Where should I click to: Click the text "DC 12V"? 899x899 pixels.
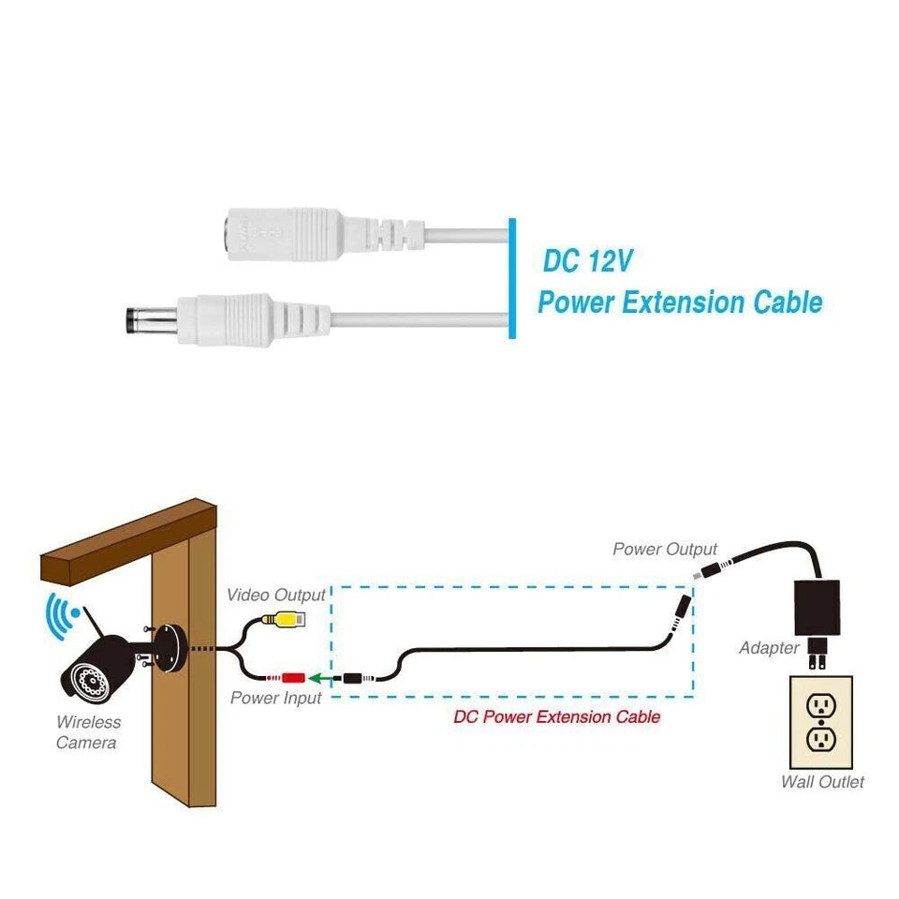point(589,261)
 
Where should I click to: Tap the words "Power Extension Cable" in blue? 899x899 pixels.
point(679,302)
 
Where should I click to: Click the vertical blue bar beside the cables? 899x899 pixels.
point(511,278)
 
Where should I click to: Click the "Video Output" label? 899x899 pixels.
point(276,595)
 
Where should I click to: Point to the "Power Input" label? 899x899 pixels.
point(276,699)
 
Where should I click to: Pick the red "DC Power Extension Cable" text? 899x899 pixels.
point(556,717)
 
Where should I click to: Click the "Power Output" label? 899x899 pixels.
point(665,550)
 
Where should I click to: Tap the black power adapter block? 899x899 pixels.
point(817,610)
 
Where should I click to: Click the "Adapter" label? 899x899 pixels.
point(769,648)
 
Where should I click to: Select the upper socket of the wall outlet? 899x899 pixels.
point(821,704)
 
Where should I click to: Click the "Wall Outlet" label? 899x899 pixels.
point(822,782)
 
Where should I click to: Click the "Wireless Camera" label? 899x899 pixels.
point(87,732)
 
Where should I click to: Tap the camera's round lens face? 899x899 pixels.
point(83,677)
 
